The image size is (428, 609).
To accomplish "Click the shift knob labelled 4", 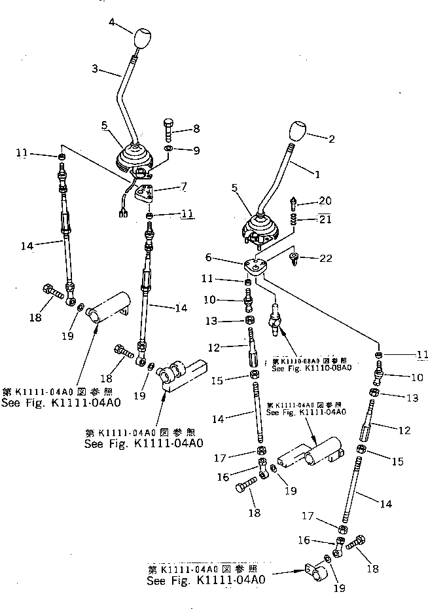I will (x=141, y=39).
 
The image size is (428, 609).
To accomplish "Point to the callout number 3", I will (x=95, y=68).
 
